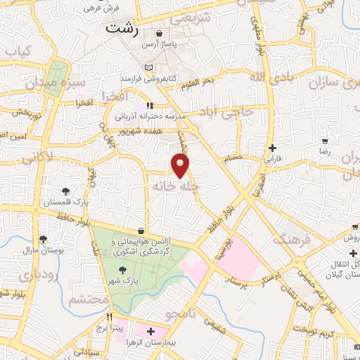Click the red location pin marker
pyautogui.click(x=181, y=165)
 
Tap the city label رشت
pyautogui.click(x=120, y=29)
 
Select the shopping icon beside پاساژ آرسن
pyautogui.click(x=160, y=33)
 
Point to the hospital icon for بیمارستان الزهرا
pyautogui.click(x=150, y=330)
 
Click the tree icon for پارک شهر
pyautogui.click(x=123, y=269)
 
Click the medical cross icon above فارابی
pyautogui.click(x=272, y=148)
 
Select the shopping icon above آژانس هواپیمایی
pyautogui.click(x=141, y=231)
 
